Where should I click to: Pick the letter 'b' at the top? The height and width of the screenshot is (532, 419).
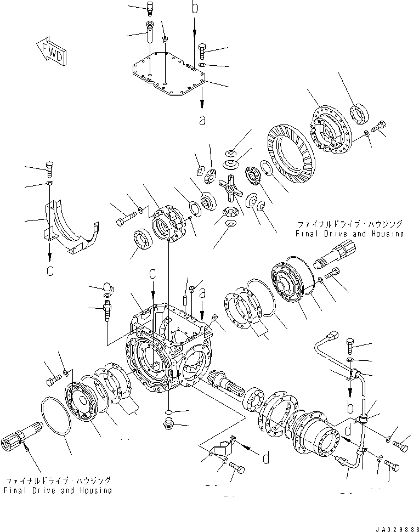[194, 8]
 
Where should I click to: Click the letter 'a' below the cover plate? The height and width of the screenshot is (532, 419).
[202, 120]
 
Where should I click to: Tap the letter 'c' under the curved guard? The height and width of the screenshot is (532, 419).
[49, 271]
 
